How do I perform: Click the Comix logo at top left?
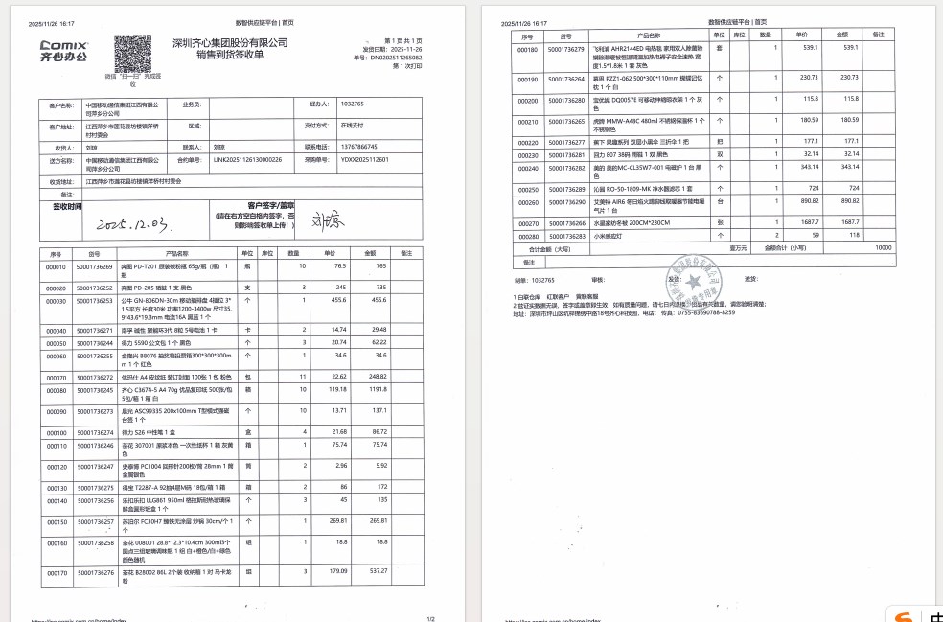click(x=63, y=50)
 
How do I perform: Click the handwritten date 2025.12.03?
click(x=134, y=223)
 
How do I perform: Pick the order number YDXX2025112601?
click(x=365, y=159)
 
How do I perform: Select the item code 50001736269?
click(x=94, y=266)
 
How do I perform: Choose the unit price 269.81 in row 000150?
click(x=333, y=521)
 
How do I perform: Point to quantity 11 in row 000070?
click(x=303, y=376)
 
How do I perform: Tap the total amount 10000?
click(x=883, y=247)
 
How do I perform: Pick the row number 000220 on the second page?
click(x=527, y=142)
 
